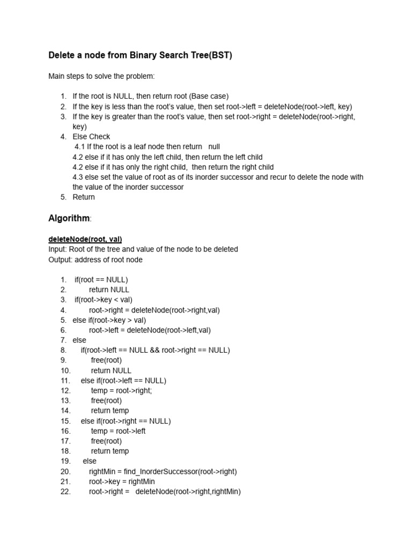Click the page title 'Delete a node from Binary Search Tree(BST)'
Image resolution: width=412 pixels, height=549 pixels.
coord(140,56)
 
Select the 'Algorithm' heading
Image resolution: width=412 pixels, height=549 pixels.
coord(69,218)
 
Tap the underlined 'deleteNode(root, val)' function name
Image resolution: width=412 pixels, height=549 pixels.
coord(85,239)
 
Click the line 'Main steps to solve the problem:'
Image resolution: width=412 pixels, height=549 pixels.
coord(101,76)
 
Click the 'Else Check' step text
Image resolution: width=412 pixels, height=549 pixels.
coord(91,137)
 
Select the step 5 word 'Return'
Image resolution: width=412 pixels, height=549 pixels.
coord(84,197)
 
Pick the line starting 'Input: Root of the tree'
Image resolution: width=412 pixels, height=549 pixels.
coord(143,249)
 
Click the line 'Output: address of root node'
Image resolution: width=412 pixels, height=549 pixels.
coord(95,259)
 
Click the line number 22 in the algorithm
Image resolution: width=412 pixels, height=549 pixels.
coord(65,492)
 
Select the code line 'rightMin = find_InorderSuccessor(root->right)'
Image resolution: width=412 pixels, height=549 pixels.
coord(163,471)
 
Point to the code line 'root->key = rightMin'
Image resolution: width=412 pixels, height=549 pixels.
coord(122,481)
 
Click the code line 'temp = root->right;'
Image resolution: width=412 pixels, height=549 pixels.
coord(121,391)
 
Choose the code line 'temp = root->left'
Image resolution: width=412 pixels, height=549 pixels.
coord(118,431)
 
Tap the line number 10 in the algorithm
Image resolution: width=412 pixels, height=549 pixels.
coord(65,370)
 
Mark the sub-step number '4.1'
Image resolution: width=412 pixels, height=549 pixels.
coord(80,147)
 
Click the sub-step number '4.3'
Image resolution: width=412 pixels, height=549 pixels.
coord(78,177)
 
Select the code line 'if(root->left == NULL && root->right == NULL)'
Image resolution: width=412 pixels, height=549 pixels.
coord(155,350)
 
